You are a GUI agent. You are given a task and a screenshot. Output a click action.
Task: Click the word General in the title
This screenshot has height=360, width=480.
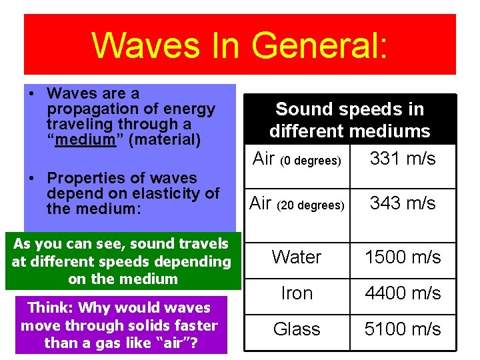[319, 45]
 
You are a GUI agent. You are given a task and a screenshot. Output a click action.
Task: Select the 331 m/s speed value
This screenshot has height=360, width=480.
[403, 159]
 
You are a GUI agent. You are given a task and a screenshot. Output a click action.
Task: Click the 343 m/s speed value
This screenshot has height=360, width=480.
[403, 203]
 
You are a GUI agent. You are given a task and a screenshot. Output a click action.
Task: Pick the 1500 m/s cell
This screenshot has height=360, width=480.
[403, 257]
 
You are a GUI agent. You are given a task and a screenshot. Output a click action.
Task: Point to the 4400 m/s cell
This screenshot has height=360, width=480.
[403, 293]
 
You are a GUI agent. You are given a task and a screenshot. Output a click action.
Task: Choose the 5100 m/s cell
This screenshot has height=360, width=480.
[403, 329]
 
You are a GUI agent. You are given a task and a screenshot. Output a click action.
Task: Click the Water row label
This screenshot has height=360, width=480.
[297, 257]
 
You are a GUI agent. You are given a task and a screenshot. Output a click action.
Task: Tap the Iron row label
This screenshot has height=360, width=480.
[297, 293]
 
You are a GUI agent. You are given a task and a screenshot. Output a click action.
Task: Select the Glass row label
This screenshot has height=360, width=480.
[297, 329]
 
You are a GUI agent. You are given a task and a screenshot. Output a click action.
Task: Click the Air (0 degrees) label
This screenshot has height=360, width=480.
[297, 159]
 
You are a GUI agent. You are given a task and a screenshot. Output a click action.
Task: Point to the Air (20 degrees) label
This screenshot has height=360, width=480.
[297, 203]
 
